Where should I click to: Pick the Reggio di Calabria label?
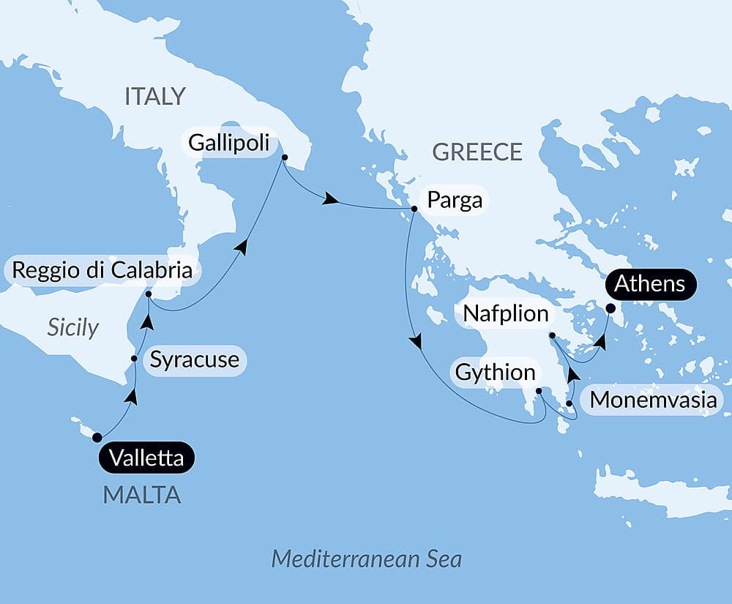coord(102,269)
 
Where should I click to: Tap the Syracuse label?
coord(194,359)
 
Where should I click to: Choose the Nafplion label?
coord(505,314)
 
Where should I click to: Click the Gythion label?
coord(496,373)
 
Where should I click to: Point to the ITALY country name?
coord(155,97)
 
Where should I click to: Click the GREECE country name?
coord(477,152)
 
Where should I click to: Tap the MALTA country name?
coord(142,495)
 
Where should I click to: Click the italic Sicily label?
coord(72,327)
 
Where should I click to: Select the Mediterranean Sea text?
coord(367,559)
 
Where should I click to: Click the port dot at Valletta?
coord(97,438)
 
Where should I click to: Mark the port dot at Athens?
coord(610,308)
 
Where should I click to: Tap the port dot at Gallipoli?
coord(285,157)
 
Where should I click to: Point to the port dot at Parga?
coord(414,209)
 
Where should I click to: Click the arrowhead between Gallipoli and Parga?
coord(331,199)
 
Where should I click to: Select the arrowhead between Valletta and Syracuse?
coord(131,397)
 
